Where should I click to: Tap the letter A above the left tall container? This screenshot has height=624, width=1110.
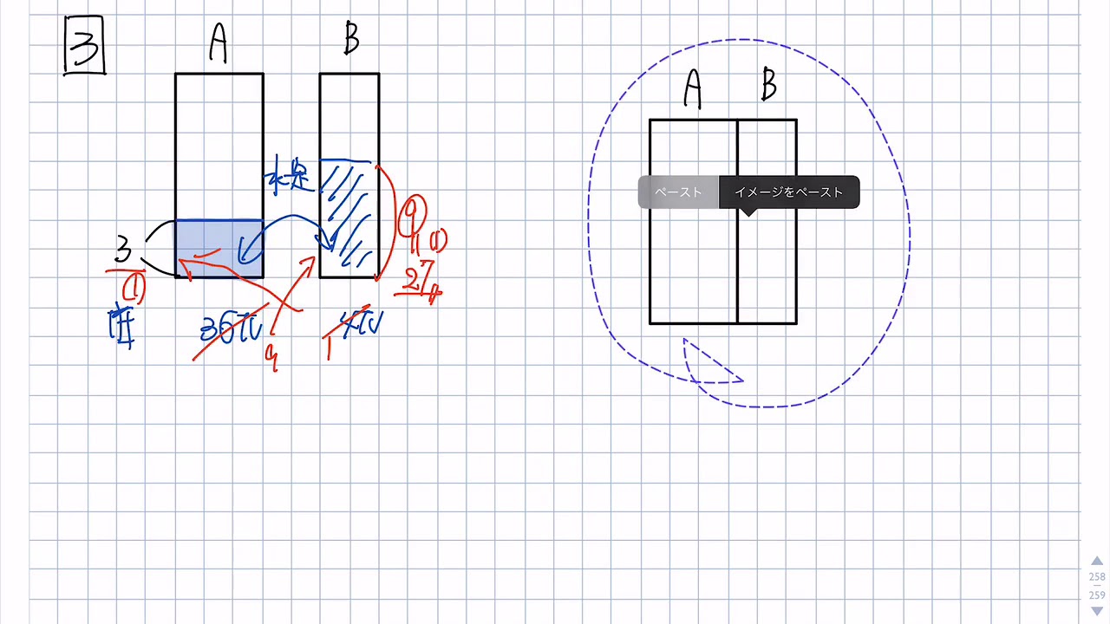pyautogui.click(x=219, y=42)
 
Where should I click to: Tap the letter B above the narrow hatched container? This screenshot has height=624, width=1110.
pyautogui.click(x=350, y=38)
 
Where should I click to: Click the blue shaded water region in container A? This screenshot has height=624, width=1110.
pyautogui.click(x=219, y=249)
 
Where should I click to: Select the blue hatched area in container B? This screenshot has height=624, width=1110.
pyautogui.click(x=349, y=217)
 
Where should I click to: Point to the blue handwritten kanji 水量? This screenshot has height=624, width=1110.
pyautogui.click(x=290, y=176)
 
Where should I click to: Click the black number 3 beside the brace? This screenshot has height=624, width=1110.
pyautogui.click(x=123, y=250)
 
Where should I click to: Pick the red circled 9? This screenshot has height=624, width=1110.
pyautogui.click(x=413, y=213)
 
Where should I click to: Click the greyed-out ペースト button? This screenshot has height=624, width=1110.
pyautogui.click(x=678, y=192)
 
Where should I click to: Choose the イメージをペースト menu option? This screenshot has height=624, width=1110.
pyautogui.click(x=788, y=192)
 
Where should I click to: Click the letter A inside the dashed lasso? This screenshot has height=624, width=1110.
pyautogui.click(x=692, y=88)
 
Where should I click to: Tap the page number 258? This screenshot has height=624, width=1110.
pyautogui.click(x=1097, y=577)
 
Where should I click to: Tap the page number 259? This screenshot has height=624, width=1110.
pyautogui.click(x=1097, y=595)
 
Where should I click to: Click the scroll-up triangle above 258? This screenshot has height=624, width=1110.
pyautogui.click(x=1097, y=562)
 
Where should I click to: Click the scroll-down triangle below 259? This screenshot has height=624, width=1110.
pyautogui.click(x=1097, y=611)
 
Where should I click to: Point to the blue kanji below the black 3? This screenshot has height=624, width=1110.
pyautogui.click(x=121, y=327)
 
